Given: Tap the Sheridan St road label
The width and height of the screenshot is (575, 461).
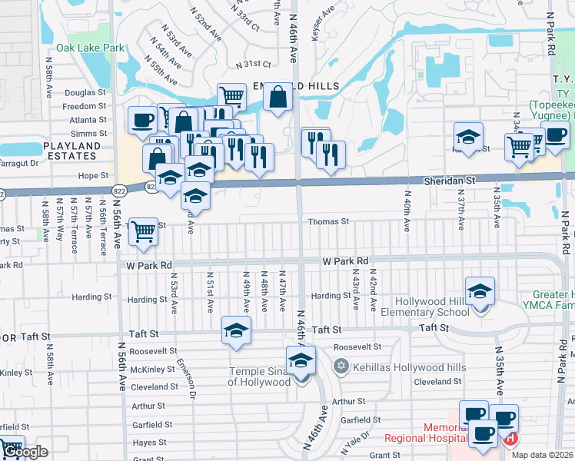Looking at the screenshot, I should [451, 179].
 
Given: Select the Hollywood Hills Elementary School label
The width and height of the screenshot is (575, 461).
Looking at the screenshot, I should [432, 307].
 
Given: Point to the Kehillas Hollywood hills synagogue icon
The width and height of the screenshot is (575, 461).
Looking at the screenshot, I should [341, 366].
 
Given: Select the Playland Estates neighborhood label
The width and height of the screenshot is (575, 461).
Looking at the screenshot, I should [72, 150].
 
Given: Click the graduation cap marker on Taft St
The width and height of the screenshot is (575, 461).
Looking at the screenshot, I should [236, 331].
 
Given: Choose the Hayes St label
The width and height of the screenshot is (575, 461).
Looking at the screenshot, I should [149, 443].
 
